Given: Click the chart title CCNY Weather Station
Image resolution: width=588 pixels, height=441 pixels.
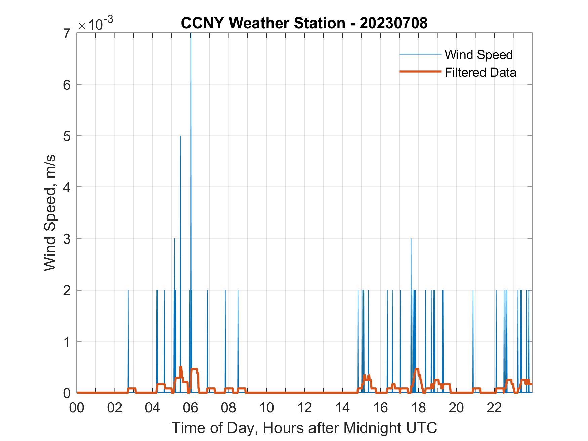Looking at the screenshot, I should coord(304,23).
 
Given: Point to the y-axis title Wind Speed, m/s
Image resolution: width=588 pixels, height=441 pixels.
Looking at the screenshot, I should coord(50,213).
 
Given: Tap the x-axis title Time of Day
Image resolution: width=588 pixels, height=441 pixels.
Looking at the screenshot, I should coord(304,428).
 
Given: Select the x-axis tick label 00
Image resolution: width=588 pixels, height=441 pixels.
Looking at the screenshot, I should coord(77,408).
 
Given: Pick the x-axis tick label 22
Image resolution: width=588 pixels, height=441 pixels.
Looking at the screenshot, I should coord(494,408).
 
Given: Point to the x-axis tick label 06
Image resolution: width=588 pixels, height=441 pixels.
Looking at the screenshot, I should coord(191,408).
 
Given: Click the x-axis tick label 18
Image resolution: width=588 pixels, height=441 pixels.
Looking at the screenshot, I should coord(418,408).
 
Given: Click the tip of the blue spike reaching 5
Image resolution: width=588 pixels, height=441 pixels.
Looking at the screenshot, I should coord(180,136).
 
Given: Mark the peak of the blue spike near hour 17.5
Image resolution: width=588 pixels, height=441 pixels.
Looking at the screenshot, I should coord(411,239).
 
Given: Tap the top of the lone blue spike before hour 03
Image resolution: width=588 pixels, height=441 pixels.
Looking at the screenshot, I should coord(128,290).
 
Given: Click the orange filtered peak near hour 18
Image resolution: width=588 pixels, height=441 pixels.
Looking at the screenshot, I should coord(417,369).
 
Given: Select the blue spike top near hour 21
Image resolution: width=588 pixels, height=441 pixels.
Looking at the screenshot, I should coord(473,290).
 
